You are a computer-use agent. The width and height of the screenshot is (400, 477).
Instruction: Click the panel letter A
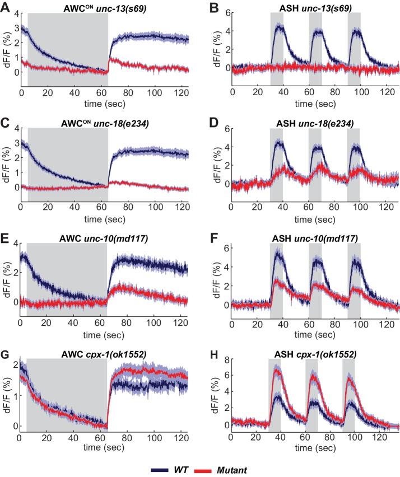coord(6,7)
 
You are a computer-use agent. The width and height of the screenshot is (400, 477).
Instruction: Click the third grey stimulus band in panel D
coord(354,162)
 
